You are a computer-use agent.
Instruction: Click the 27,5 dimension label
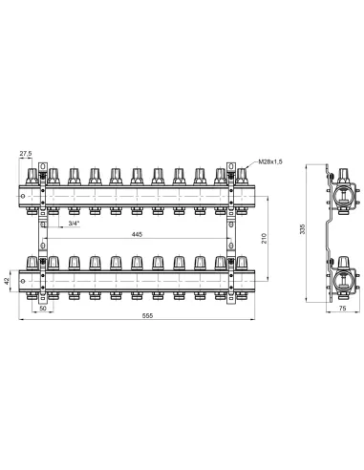[x=26, y=154]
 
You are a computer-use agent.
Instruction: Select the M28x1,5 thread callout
[x=270, y=161]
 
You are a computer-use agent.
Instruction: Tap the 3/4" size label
[x=74, y=224]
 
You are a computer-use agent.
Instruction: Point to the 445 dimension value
[x=137, y=234]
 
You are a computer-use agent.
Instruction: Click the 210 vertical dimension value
[x=264, y=238]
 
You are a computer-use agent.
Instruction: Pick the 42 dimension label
[x=7, y=281]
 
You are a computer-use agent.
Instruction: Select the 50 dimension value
[x=43, y=309]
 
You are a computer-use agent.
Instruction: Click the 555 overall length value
[x=147, y=315]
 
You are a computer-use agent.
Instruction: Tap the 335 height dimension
[x=303, y=229]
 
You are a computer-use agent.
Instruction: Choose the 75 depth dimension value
[x=342, y=309]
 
